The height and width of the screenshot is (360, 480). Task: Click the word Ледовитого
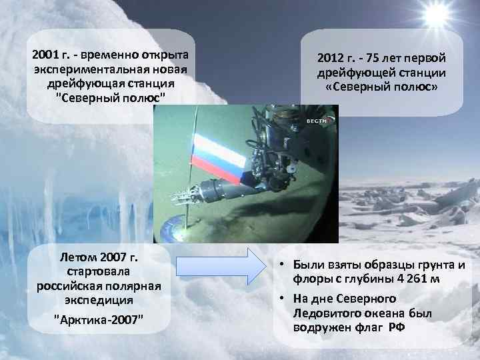319,313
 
